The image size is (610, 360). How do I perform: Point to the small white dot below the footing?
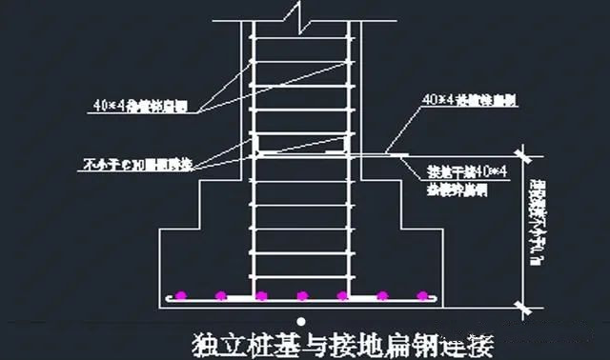click(301, 319)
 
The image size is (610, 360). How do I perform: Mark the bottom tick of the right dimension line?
click(523, 304)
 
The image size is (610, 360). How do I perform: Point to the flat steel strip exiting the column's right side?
click(381, 152)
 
